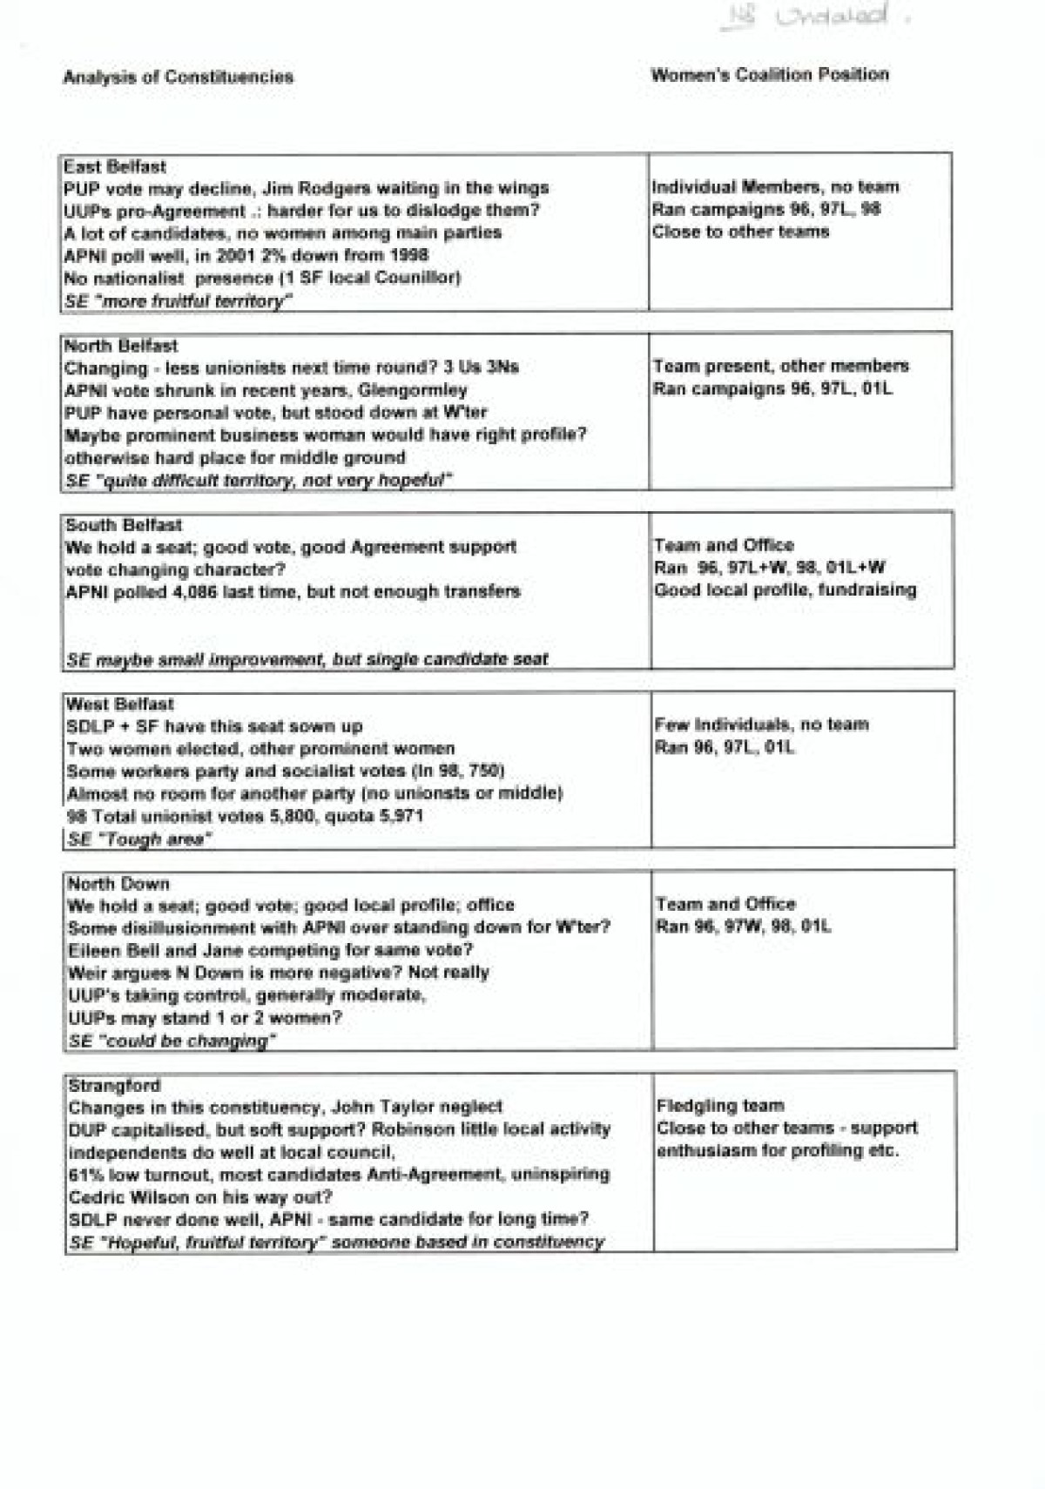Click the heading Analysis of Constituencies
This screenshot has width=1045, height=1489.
(178, 77)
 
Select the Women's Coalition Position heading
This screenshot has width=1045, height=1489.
(770, 75)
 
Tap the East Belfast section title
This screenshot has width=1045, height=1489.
(114, 166)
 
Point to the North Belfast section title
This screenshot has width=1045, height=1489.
(121, 346)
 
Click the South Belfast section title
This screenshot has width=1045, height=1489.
(124, 525)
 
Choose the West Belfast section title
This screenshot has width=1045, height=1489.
(120, 704)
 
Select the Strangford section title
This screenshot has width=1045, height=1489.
(114, 1085)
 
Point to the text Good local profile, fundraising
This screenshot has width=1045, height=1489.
(785, 590)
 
